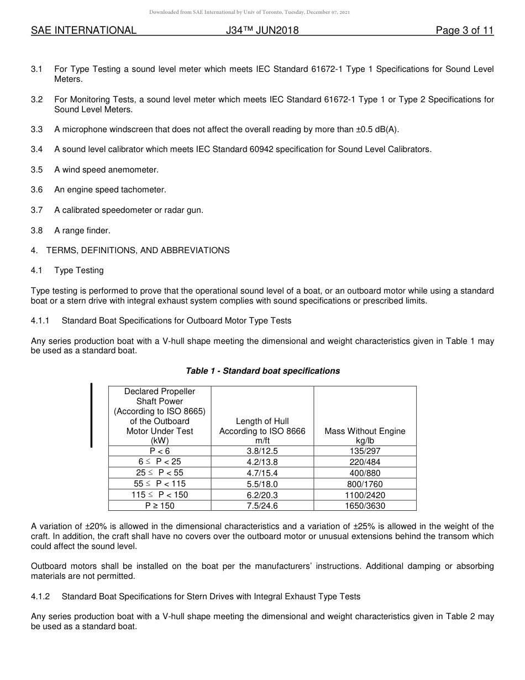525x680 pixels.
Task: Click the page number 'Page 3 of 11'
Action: tap(464, 30)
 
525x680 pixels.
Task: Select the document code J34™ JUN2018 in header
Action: tap(262, 30)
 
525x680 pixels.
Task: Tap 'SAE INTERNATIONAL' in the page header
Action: tap(83, 30)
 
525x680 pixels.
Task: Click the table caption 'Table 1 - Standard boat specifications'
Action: tap(262, 371)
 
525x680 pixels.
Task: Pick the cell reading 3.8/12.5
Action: tap(262, 451)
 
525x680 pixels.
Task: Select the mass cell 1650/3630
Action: tap(365, 506)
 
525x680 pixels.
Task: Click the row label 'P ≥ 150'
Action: tap(160, 506)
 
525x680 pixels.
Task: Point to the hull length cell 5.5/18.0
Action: tap(262, 484)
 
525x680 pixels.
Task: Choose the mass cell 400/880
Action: tap(365, 473)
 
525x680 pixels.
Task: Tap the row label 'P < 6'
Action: tap(160, 451)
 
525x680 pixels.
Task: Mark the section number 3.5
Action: tap(37, 170)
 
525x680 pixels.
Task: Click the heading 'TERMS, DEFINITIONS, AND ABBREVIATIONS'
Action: tap(138, 250)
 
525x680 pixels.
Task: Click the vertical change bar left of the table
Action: tap(92, 415)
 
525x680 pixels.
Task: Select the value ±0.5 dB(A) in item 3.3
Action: tap(375, 129)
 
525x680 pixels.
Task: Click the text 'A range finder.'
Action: tap(82, 231)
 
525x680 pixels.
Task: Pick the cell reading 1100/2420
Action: tap(365, 495)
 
